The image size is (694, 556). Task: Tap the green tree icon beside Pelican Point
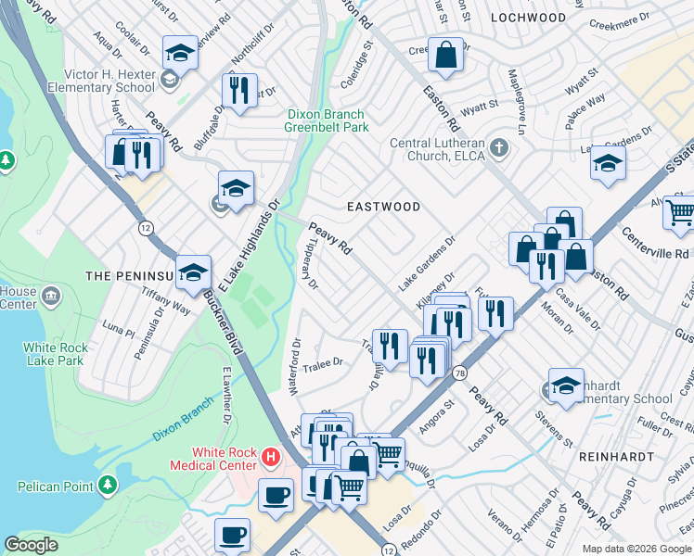point(108,485)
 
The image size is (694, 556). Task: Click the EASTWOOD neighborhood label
point(383,207)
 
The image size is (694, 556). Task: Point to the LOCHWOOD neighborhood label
point(528,18)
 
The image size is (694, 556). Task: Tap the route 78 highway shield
point(460,373)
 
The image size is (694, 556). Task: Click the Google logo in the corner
point(32,545)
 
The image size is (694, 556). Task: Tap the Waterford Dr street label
point(296,367)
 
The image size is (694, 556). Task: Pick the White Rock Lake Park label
point(56,355)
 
